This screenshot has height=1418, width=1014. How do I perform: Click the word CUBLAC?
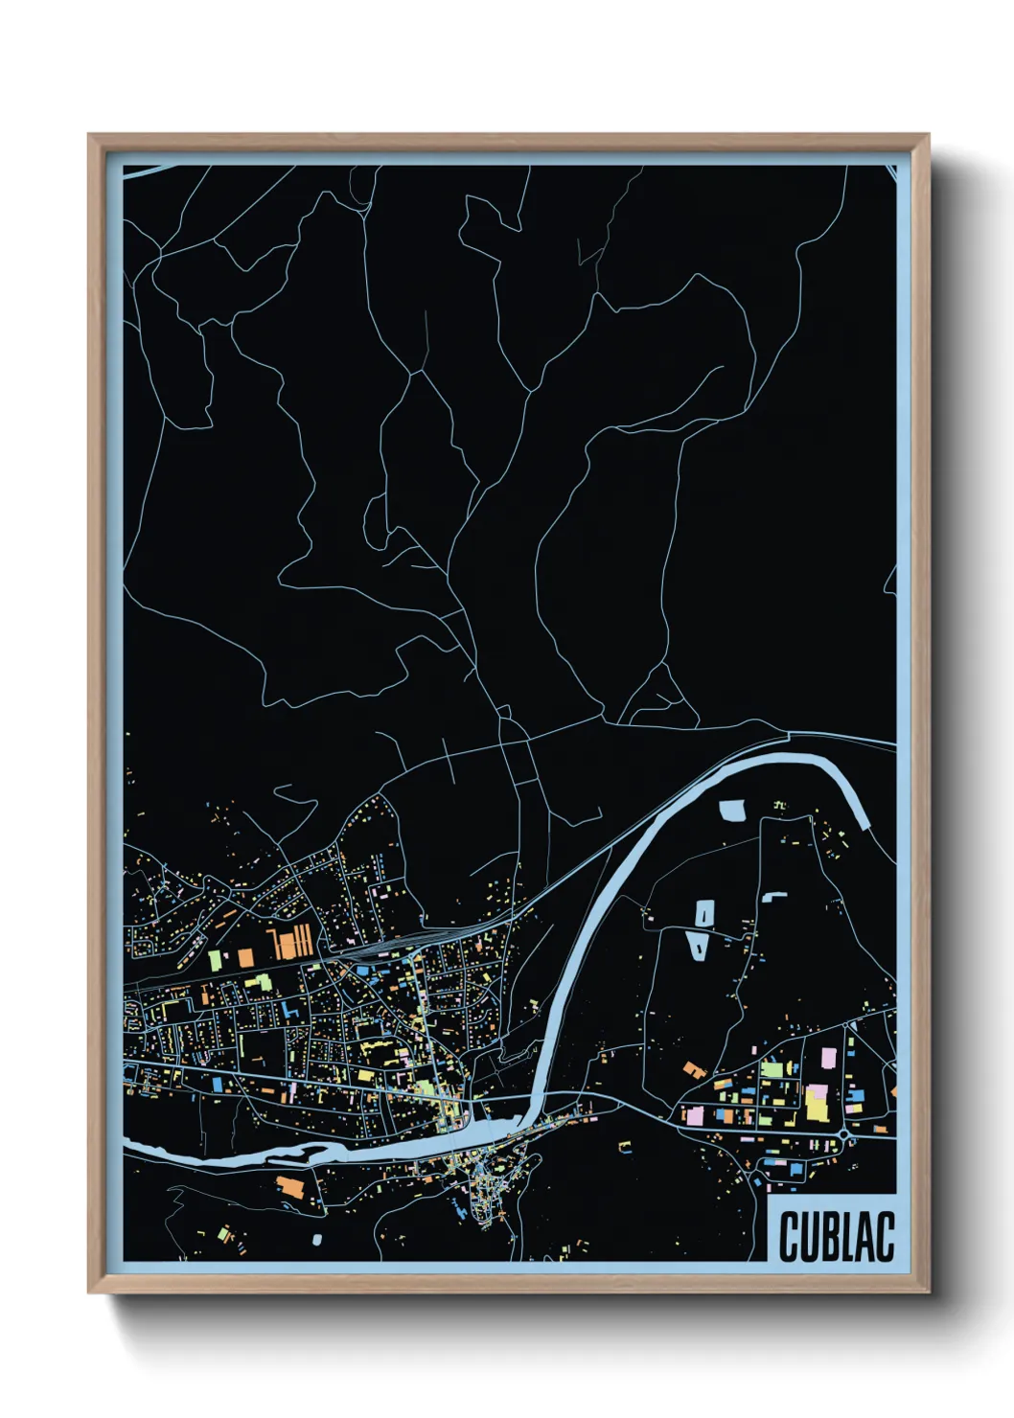pos(837,1236)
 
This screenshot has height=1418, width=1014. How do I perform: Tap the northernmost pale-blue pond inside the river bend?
pos(732,811)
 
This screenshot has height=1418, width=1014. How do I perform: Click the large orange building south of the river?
pos(289,1186)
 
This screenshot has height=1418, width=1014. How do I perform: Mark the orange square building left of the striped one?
pos(245,956)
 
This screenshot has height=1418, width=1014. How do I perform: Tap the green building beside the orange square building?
pos(215,959)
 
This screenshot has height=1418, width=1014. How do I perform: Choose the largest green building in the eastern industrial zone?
pos(772,1069)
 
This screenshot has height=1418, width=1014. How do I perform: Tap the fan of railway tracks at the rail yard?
pos(379,949)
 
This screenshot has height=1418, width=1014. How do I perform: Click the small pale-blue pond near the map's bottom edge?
pos(317,1240)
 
